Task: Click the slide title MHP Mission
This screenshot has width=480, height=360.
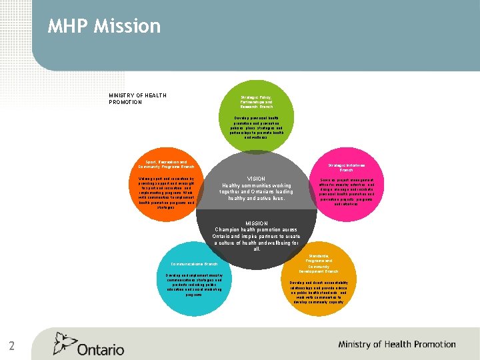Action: coord(104,26)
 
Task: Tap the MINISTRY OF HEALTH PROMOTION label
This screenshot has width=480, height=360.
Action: coord(137,99)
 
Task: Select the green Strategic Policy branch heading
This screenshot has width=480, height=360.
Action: coord(257,101)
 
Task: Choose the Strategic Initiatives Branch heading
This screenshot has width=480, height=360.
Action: coord(346,167)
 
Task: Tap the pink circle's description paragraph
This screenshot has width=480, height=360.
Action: coord(346,194)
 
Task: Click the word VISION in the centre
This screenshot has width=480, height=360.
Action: coord(256,179)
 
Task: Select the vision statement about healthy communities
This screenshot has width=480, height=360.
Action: coord(256,192)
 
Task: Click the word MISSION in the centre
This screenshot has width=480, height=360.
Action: coord(256,223)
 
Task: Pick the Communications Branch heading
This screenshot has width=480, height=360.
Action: coord(194,264)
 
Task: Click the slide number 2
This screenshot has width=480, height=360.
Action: coord(12,345)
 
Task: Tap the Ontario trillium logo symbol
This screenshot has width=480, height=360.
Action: coord(65,343)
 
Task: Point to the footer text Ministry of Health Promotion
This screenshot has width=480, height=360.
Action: coord(397,345)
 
